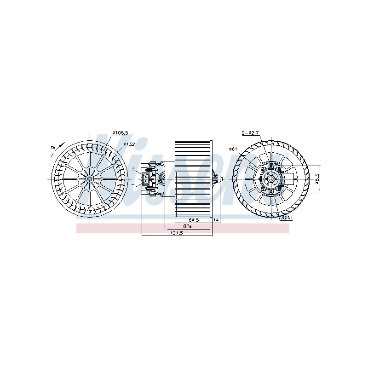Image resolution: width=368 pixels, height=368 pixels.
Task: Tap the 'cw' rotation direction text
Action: tap(53, 147)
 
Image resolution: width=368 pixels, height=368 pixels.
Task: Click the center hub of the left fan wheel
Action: tap(89, 179)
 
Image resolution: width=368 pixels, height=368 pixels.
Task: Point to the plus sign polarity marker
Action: tap(133, 169)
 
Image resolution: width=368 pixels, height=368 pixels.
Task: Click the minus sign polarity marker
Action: tap(133, 184)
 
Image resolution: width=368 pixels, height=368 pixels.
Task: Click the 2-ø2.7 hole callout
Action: tap(251, 133)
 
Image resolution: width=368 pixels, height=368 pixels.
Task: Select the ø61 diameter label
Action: tap(233, 149)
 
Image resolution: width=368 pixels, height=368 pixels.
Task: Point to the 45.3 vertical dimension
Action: tap(317, 179)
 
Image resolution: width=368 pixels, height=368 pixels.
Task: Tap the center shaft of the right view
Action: tap(270, 179)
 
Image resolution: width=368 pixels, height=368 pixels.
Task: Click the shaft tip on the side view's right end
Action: tap(222, 179)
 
